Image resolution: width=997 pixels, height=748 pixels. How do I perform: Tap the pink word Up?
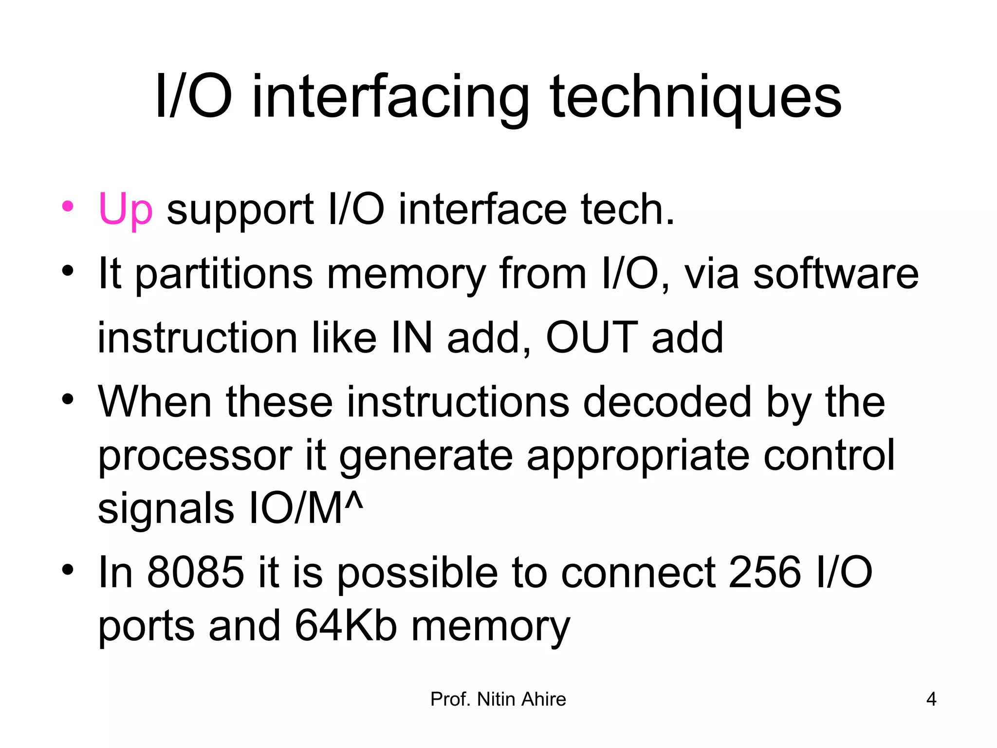tap(126, 209)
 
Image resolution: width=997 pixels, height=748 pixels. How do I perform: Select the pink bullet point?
tap(68, 206)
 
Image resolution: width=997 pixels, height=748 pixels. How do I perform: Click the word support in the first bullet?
tap(240, 210)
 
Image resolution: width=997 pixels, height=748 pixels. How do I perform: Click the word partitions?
tap(223, 274)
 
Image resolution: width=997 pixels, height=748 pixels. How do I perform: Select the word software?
tap(835, 274)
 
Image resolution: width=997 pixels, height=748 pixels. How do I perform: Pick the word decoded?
tap(667, 402)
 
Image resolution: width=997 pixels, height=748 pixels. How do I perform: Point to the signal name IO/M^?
tap(306, 509)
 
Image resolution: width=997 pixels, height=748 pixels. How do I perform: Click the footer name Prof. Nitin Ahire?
tap(498, 699)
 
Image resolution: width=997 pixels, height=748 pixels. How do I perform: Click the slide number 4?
tap(931, 699)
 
